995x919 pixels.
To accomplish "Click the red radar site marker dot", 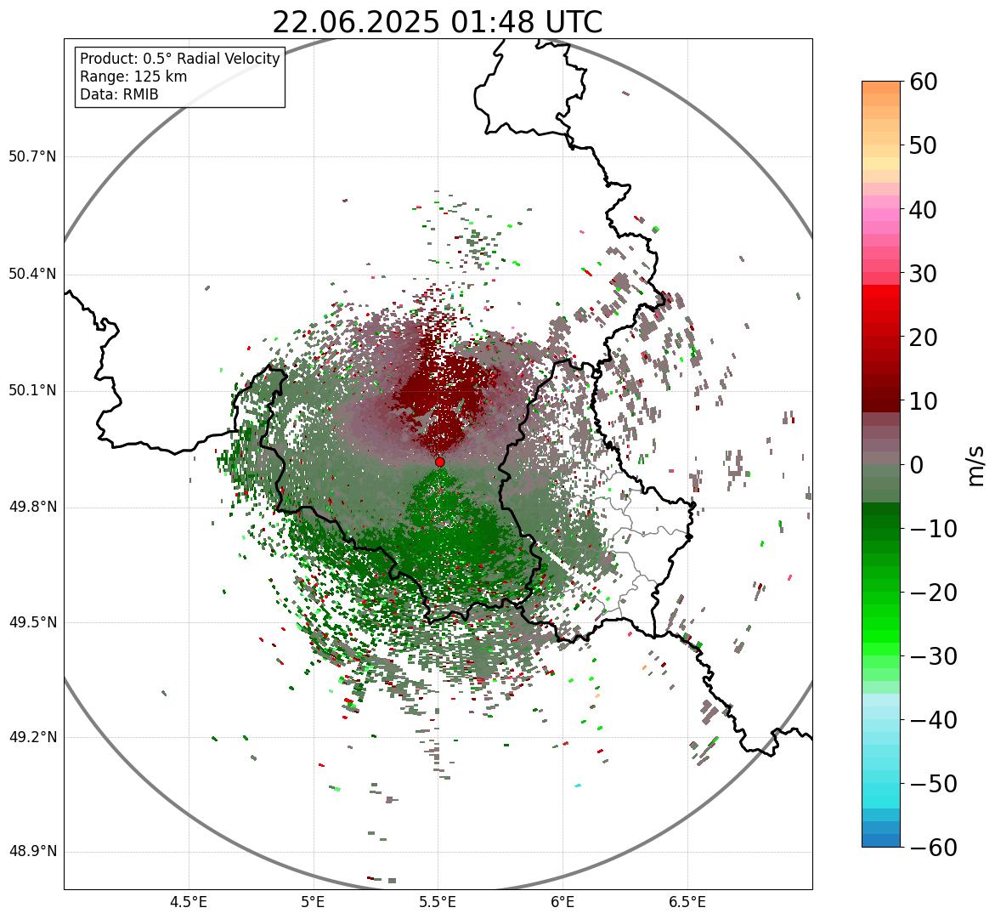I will pos(440,462).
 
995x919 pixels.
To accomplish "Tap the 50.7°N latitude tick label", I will pos(32,157).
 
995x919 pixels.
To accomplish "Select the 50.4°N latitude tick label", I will pos(32,274).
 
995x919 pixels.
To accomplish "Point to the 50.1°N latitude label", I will pos(32,391).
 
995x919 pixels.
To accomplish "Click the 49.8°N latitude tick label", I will pos(32,508).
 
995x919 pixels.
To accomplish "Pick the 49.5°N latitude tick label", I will pos(32,622).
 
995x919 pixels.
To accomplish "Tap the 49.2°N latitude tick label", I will pos(32,737).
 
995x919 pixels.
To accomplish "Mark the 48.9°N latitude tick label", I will pos(32,852).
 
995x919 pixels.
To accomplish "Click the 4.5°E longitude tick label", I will pos(189,901).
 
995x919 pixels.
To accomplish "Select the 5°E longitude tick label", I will pos(314,901).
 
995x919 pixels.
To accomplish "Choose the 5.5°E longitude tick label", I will pos(438,901).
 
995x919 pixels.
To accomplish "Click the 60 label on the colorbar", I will pos(923,82).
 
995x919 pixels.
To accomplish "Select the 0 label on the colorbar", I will pos(917,465).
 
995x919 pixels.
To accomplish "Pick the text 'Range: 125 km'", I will pos(133,77).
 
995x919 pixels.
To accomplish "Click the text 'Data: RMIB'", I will pos(119,94).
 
